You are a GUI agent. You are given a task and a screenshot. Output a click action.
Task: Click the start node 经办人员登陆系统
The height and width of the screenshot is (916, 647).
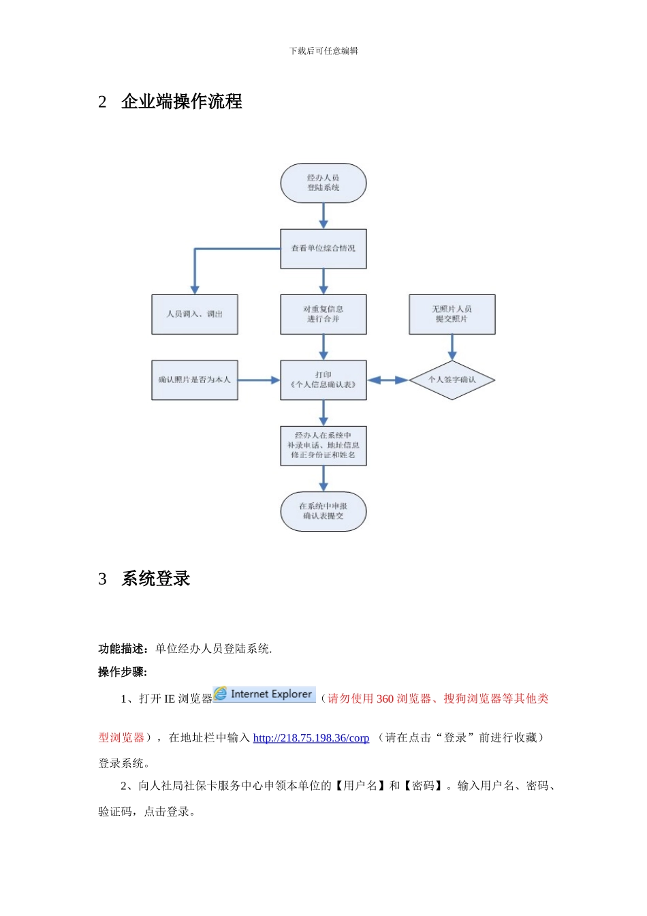click(323, 183)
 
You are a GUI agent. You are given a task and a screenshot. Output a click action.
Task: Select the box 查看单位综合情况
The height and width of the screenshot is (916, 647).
click(323, 248)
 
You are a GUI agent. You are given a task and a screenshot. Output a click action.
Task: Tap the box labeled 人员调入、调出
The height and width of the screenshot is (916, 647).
click(195, 314)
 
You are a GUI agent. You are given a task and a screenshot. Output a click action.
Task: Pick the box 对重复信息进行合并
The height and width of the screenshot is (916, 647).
click(323, 314)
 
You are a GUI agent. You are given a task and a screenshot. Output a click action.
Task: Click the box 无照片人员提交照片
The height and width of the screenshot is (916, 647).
click(452, 314)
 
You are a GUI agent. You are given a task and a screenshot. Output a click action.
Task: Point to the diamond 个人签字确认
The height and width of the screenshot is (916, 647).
click(452, 380)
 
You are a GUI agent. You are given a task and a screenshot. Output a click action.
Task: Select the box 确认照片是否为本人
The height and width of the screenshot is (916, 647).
click(195, 380)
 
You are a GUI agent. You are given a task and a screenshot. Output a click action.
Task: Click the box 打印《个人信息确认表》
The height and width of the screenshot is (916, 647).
click(323, 380)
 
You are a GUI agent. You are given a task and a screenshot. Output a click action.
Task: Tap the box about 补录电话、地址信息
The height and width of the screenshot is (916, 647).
click(323, 446)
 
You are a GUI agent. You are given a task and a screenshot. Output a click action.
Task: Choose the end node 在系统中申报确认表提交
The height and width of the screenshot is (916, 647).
click(323, 511)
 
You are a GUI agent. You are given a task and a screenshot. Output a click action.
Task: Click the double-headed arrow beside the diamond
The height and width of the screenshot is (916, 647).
click(388, 380)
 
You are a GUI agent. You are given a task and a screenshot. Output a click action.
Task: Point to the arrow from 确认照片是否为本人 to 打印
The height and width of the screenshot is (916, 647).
click(259, 380)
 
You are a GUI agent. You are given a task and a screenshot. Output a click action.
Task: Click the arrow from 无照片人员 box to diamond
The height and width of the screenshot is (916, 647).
click(452, 347)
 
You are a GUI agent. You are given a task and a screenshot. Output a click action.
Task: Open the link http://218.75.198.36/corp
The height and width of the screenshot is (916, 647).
click(311, 738)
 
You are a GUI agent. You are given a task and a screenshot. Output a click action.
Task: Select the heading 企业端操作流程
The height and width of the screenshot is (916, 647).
click(182, 102)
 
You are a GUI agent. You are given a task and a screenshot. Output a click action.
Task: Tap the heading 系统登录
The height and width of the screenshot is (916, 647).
click(156, 579)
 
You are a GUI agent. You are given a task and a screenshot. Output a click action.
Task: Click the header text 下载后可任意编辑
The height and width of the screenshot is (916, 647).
click(323, 50)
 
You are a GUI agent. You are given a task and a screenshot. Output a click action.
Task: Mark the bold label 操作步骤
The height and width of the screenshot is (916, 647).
click(122, 672)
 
